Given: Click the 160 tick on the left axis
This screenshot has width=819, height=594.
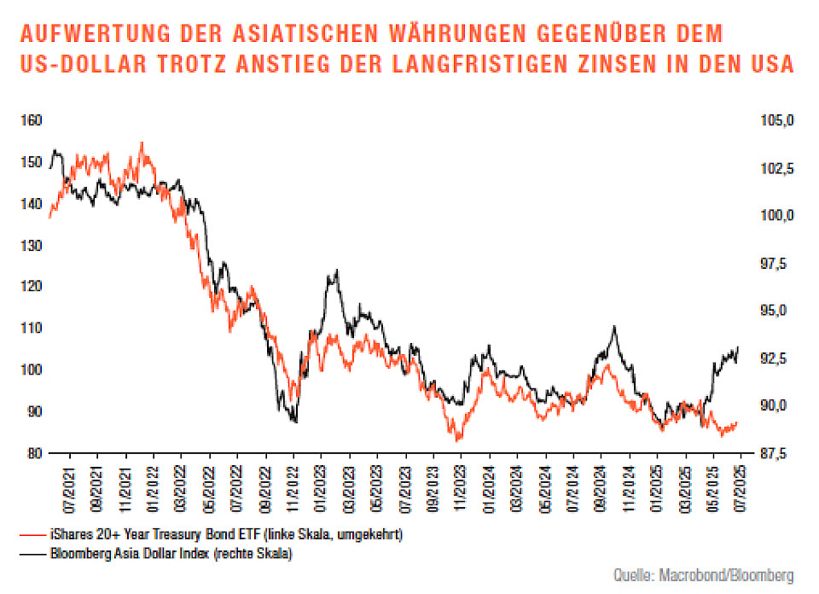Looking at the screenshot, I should [x=31, y=120].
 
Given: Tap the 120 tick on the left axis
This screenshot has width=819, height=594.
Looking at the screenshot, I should [x=31, y=287].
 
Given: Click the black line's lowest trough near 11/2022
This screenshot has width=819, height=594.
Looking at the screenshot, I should [x=294, y=422].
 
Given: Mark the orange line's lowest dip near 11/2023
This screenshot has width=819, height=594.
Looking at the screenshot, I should [x=458, y=440].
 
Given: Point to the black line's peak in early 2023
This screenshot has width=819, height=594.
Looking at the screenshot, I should [x=337, y=271].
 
